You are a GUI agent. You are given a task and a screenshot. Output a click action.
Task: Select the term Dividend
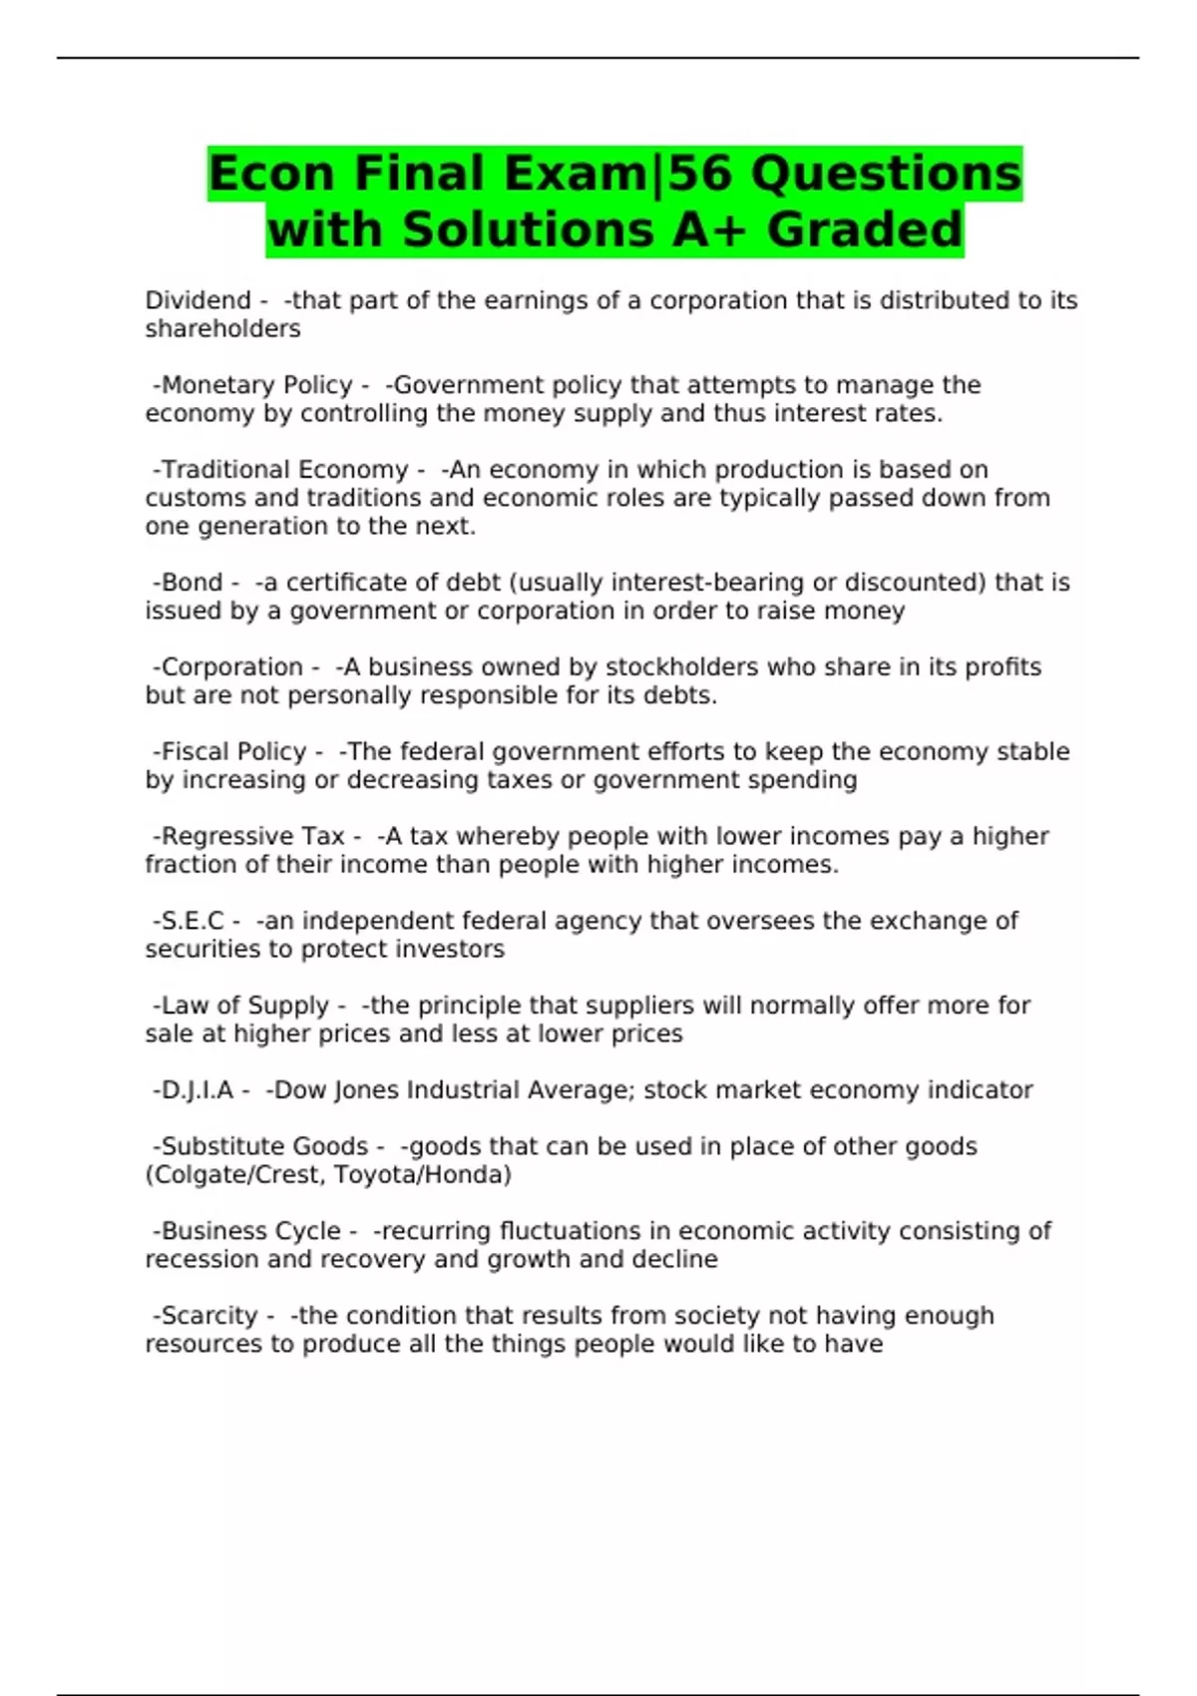[198, 300]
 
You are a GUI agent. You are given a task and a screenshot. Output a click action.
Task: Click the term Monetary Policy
[256, 385]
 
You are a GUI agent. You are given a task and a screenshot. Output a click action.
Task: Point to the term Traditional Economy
[284, 470]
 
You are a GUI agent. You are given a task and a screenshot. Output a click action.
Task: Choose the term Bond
[192, 583]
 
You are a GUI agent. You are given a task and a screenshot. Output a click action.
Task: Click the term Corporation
[231, 667]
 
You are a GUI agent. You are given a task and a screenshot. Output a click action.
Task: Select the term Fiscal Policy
[233, 752]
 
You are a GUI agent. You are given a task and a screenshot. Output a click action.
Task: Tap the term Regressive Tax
[252, 837]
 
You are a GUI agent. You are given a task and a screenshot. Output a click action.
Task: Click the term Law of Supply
[244, 1006]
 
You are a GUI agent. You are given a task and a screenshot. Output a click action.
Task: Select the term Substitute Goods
[264, 1147]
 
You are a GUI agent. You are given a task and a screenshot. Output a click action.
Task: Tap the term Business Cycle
[250, 1232]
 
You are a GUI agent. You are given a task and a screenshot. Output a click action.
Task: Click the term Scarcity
[209, 1316]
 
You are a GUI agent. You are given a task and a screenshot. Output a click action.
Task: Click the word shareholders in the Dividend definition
[222, 329]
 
